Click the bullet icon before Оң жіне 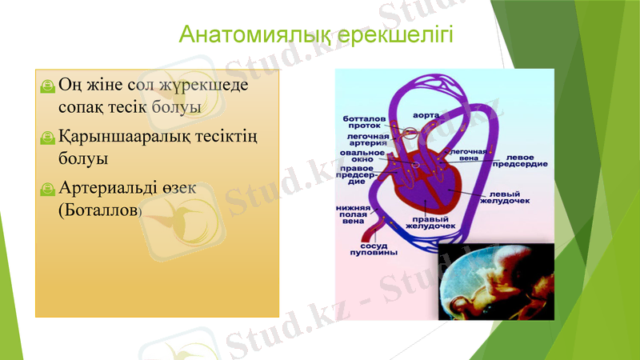point(49,86)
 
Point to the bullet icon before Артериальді point(49,190)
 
